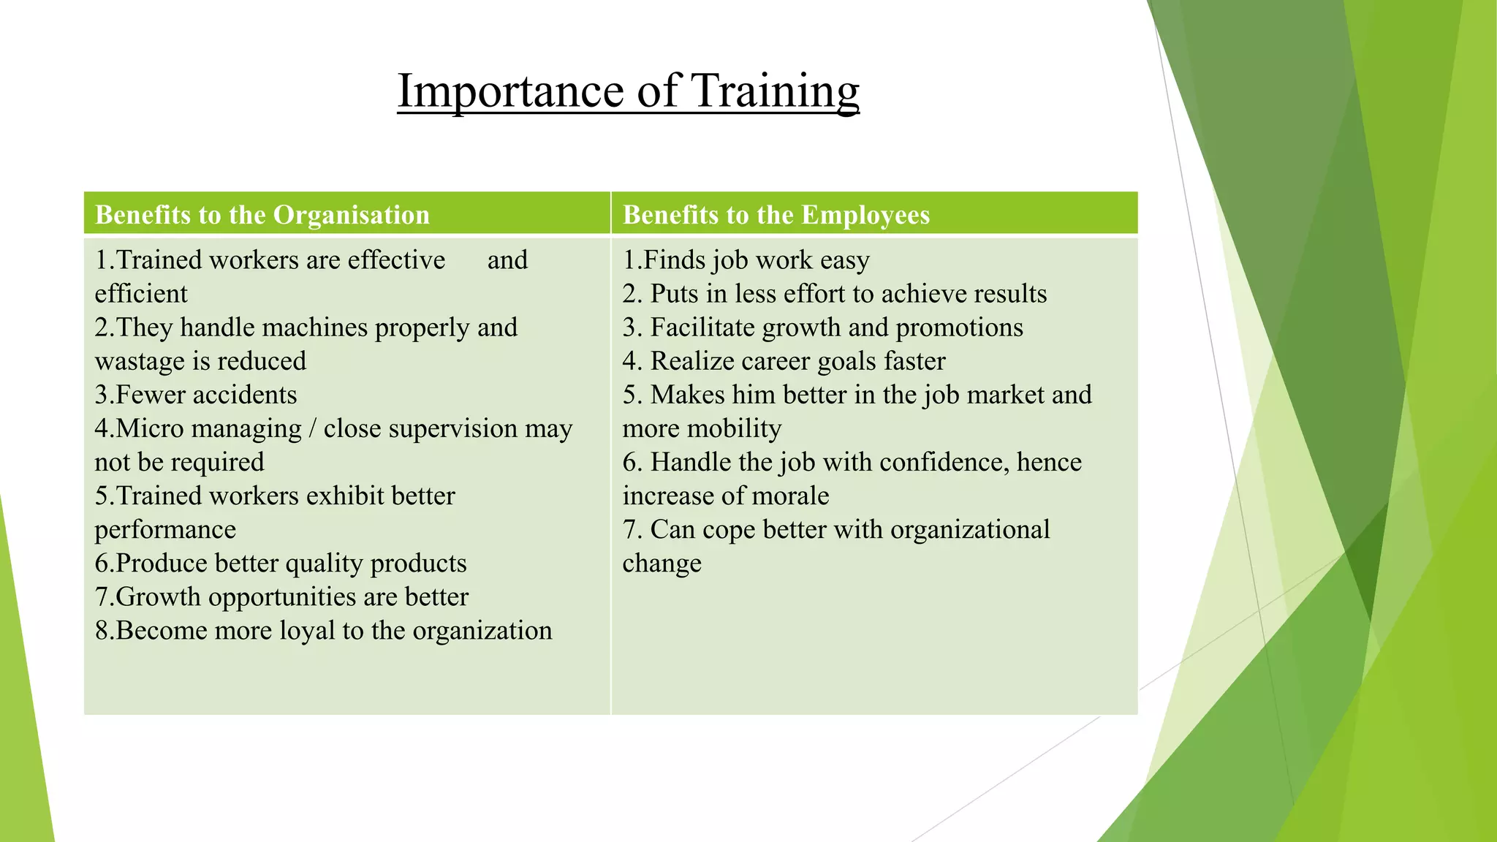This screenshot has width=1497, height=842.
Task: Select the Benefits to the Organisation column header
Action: click(262, 215)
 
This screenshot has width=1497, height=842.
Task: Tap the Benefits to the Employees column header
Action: click(776, 215)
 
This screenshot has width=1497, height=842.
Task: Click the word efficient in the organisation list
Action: click(141, 294)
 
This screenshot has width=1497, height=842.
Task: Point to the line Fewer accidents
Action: click(196, 395)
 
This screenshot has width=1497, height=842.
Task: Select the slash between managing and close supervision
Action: click(312, 428)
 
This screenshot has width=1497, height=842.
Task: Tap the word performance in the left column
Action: click(165, 529)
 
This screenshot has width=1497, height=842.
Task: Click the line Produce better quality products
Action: click(281, 563)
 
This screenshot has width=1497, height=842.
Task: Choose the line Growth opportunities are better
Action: click(281, 596)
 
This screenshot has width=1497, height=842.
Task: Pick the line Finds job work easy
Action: click(746, 260)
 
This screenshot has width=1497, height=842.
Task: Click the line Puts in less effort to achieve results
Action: click(835, 294)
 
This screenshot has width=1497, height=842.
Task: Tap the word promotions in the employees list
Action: click(959, 327)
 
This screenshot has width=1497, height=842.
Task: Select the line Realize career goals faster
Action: click(784, 361)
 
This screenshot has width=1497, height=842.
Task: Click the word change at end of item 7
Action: click(662, 564)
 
